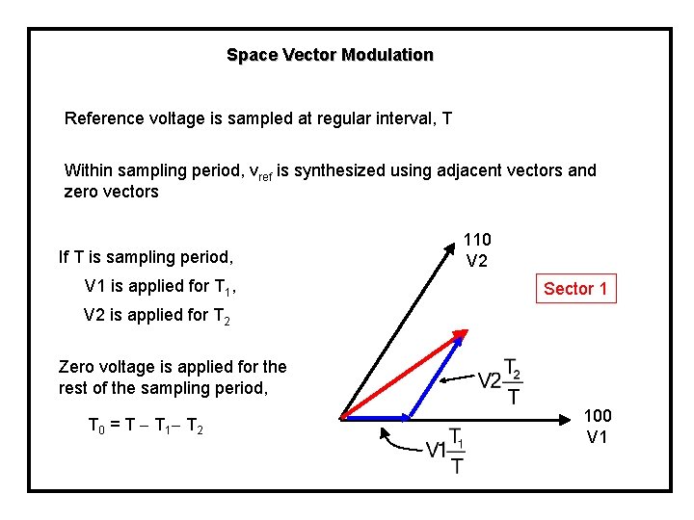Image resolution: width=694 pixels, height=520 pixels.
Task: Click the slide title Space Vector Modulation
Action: pos(330,55)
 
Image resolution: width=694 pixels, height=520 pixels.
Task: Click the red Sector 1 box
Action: pos(575,288)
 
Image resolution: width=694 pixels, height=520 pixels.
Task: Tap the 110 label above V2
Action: pos(477,239)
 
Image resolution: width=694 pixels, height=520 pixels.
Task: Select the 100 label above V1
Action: pos(598,415)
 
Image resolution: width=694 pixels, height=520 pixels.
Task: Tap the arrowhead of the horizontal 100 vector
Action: pos(567,417)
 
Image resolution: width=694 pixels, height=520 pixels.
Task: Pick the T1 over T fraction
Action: pos(457,452)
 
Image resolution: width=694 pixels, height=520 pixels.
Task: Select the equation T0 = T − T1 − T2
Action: pos(144,426)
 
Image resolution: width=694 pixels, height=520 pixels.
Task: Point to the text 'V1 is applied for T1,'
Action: pos(160,286)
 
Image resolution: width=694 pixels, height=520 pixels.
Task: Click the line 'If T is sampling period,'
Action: pos(146,257)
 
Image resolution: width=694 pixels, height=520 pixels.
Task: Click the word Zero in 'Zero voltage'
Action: pos(77,367)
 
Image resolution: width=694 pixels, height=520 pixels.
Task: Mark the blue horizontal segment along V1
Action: pos(376,417)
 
